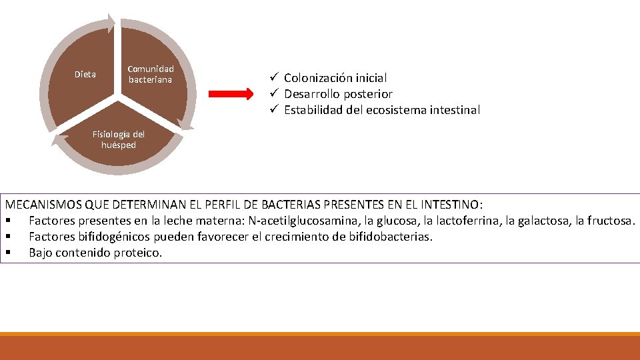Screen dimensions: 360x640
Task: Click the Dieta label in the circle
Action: [x=85, y=74]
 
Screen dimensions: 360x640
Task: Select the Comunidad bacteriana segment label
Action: [x=150, y=74]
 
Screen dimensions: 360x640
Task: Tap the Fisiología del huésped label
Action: [x=118, y=139]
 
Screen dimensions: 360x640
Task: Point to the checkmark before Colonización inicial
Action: [x=273, y=78]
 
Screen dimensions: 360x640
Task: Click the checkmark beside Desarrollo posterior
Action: [x=273, y=94]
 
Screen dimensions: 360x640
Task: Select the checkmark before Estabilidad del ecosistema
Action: [x=273, y=110]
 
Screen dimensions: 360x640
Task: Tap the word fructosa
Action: [x=612, y=220]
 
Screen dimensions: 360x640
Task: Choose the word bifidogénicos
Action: [x=108, y=236]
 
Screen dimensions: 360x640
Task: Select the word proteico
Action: [x=139, y=253]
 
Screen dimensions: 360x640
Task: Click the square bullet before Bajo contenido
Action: [x=7, y=253]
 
